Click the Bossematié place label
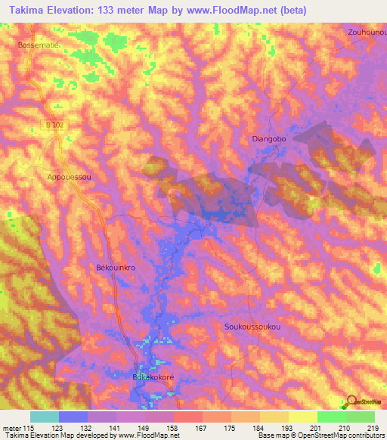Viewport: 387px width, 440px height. tap(36, 45)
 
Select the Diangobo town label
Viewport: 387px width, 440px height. tap(270, 139)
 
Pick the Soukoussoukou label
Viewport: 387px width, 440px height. tap(252, 327)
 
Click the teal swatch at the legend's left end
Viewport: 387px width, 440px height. tap(45, 417)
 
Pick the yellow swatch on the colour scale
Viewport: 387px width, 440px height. tap(302, 417)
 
